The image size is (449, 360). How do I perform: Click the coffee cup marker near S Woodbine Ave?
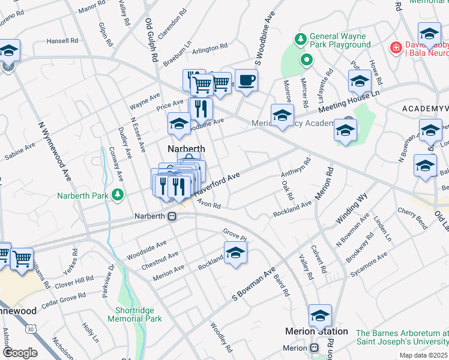[x=246, y=80]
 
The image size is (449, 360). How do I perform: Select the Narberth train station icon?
[x=172, y=216]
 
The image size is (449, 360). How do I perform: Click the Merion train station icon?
[x=315, y=348]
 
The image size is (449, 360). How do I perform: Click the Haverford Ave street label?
[x=217, y=184]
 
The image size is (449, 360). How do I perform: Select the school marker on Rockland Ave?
[x=235, y=253]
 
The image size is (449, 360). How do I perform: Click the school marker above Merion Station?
[x=320, y=316]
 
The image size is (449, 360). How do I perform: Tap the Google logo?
[x=20, y=353]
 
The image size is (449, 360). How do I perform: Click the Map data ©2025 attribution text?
[x=423, y=355]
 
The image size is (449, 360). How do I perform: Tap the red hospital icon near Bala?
[x=395, y=47]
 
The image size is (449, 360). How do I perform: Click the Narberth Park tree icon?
[x=119, y=194]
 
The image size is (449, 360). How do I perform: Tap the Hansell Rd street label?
[x=62, y=41]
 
